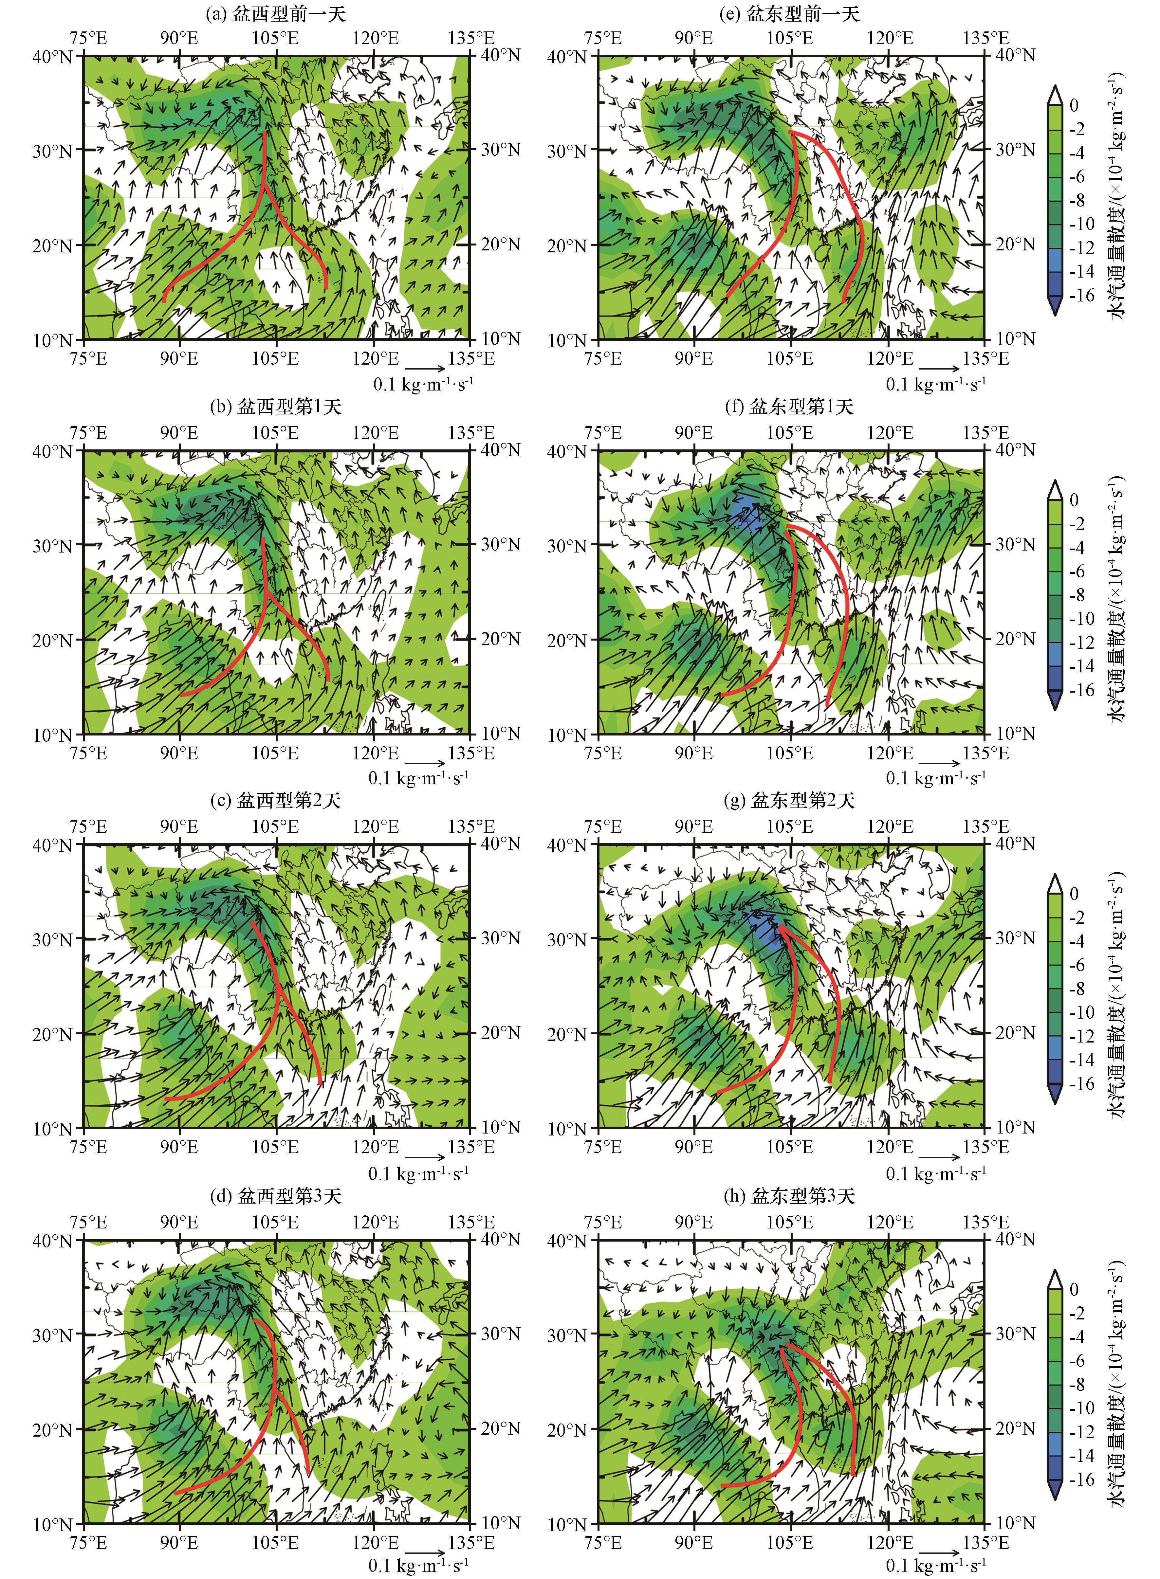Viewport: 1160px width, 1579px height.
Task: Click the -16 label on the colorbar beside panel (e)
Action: point(1081,296)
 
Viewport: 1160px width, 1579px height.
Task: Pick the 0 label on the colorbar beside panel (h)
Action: point(1074,1289)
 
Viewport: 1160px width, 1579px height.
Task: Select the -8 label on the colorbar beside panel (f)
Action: point(1078,595)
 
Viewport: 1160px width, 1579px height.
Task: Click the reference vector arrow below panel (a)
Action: point(426,368)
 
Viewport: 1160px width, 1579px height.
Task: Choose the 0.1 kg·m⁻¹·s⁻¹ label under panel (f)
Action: point(935,778)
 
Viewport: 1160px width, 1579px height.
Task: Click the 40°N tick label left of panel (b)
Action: point(53,451)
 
